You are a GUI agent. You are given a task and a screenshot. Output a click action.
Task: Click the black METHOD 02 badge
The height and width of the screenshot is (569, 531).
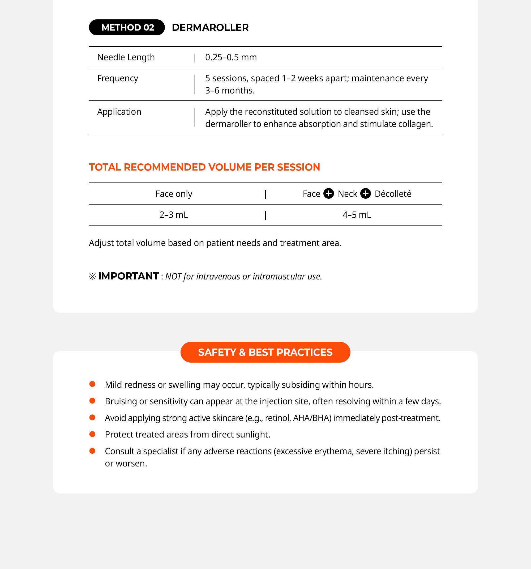(127, 27)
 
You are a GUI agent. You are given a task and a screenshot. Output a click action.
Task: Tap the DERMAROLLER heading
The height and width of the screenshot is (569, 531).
(210, 27)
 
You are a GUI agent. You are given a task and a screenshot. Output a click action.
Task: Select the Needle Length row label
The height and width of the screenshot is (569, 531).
(126, 57)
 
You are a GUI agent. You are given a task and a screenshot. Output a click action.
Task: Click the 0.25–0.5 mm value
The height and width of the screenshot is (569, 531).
(231, 57)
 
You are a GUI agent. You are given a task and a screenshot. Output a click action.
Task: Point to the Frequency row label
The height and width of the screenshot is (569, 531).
(118, 78)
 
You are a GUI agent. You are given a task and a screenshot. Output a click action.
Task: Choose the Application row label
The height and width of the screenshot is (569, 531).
(119, 112)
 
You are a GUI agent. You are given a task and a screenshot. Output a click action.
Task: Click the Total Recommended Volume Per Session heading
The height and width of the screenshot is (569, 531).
(204, 167)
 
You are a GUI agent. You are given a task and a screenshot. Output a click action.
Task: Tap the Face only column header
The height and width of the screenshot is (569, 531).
(174, 194)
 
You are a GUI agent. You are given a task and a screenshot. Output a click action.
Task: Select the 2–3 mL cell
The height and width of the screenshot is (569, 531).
(174, 215)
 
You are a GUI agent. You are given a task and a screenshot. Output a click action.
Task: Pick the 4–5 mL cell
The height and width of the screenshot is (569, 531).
(357, 215)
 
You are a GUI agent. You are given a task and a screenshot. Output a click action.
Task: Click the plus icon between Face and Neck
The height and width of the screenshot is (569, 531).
(328, 193)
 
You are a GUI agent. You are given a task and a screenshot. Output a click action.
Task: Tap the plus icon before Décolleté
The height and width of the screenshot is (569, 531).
(365, 193)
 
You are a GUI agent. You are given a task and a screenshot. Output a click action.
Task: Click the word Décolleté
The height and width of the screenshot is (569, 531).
(393, 194)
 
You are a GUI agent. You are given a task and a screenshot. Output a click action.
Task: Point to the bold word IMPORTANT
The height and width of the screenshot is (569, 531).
(129, 276)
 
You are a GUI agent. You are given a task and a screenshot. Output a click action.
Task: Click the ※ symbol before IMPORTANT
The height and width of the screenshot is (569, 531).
(92, 276)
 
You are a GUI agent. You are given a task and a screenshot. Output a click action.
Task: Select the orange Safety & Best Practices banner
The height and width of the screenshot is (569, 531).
(265, 352)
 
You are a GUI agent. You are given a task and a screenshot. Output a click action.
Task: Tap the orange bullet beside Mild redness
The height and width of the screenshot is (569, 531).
(92, 384)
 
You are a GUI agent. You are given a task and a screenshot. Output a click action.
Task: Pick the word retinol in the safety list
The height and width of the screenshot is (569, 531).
(276, 418)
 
